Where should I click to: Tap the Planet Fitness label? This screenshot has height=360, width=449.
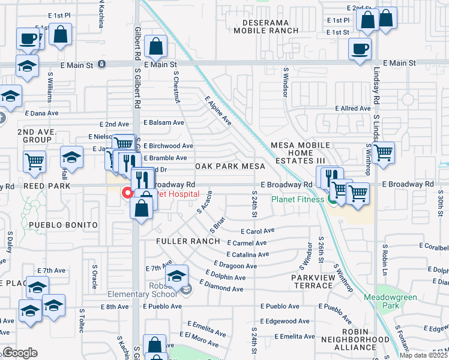(298, 199)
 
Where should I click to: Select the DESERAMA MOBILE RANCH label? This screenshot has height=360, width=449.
(270, 26)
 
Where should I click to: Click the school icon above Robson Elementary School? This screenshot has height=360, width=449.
(176, 276)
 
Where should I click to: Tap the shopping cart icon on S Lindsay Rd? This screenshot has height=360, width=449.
(382, 152)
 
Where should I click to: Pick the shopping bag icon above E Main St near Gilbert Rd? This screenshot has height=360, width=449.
(155, 46)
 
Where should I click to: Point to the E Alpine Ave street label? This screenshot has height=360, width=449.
(218, 110)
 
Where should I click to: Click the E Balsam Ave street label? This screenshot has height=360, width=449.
(163, 122)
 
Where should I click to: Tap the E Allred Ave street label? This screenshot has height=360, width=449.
(353, 109)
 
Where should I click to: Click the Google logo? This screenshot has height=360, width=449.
(20, 353)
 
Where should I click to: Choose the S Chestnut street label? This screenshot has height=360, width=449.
(177, 88)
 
